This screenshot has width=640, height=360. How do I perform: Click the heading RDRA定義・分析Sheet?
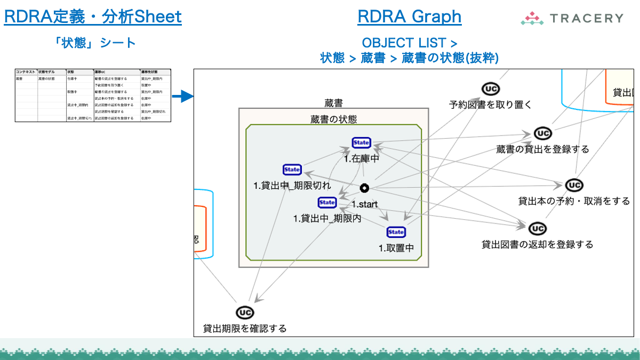93,17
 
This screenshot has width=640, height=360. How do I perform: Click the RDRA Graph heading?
409,17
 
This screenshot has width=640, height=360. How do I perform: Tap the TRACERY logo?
572,18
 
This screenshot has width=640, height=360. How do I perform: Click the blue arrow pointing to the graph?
182,97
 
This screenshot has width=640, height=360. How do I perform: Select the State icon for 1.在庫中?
361,142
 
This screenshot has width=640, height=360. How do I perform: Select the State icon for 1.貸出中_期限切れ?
292,170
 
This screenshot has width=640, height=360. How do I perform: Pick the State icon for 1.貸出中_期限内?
327,203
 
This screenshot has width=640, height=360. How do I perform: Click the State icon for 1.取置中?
396,232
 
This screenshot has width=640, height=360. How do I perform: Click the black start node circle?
364,188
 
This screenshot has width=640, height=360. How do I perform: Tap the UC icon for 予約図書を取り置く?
490,89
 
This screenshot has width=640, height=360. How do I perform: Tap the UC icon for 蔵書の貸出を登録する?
542,133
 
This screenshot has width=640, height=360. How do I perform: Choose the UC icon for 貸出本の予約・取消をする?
574,185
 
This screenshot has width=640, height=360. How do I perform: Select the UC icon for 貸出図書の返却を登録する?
537,229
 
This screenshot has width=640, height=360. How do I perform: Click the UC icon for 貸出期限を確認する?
245,313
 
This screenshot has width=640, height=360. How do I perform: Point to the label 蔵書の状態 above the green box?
333,119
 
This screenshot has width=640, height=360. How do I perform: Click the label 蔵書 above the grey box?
333,103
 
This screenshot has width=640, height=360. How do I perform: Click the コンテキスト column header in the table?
26,71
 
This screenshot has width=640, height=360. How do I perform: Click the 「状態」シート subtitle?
95,43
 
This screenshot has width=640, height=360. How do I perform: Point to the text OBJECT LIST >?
409,43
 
